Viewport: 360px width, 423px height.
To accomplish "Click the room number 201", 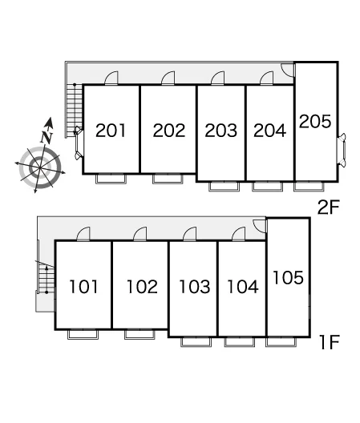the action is (x=111, y=131).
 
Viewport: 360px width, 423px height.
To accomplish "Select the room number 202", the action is (x=169, y=131).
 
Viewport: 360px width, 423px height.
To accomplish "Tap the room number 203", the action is (x=221, y=131).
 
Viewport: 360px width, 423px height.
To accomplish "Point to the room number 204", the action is (x=269, y=131).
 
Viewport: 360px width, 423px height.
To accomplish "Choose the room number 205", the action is (x=315, y=121).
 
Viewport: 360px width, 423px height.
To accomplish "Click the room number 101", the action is (x=83, y=287).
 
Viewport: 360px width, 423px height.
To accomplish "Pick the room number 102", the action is (x=143, y=287).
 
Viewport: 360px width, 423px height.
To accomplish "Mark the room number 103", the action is (x=195, y=287).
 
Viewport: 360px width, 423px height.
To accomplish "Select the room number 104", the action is (x=243, y=287).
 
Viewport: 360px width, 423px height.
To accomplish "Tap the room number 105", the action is (x=288, y=277).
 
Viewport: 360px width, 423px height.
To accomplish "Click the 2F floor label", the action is (x=328, y=207).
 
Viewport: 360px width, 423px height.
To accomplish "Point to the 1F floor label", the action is (x=330, y=342).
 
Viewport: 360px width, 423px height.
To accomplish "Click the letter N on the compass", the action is (x=47, y=137).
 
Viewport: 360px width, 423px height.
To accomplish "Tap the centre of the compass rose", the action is (x=40, y=167).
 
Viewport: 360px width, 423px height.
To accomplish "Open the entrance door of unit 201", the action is (x=111, y=78).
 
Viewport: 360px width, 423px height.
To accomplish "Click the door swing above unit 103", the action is (x=190, y=234).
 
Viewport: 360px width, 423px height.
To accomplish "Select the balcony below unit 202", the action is (x=168, y=179).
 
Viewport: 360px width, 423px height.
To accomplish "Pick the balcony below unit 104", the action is (x=240, y=342).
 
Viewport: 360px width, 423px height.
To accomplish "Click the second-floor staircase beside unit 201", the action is (x=74, y=111).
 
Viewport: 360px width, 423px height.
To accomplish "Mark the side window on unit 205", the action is (x=342, y=149).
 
